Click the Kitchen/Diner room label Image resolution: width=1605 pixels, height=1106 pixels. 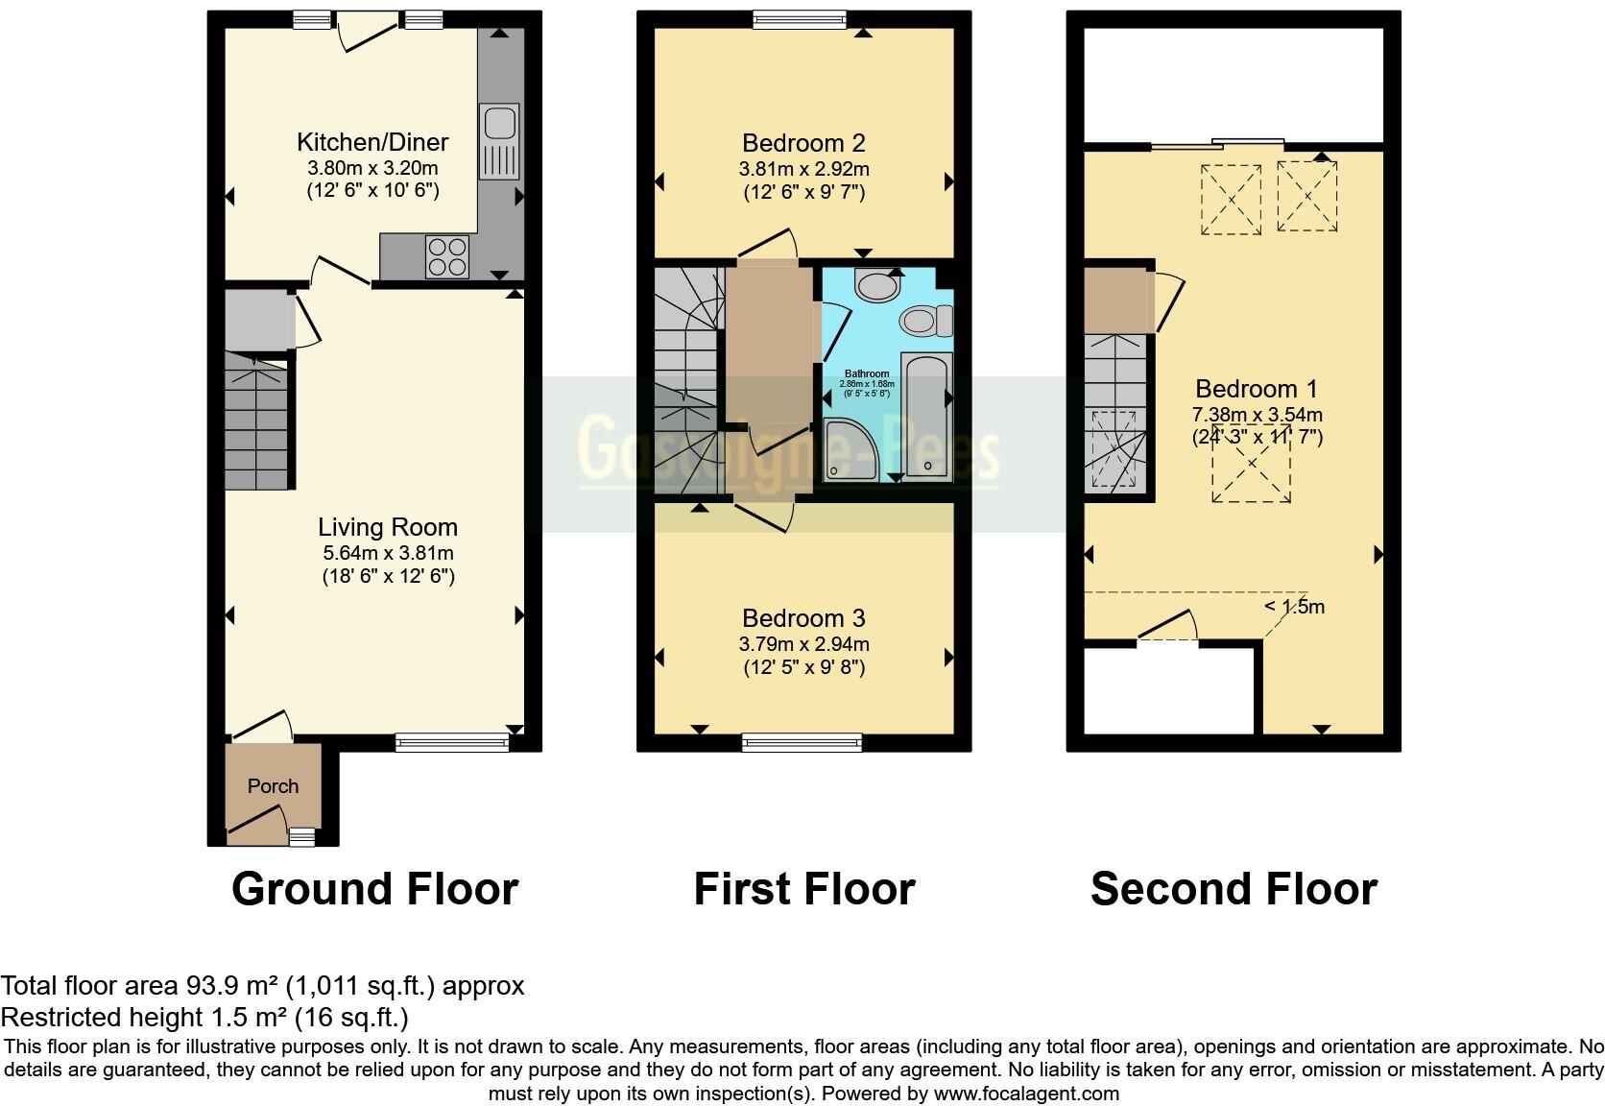click(x=372, y=142)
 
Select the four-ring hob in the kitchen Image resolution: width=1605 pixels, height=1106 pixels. click(x=448, y=255)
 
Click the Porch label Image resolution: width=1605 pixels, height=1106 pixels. click(x=273, y=786)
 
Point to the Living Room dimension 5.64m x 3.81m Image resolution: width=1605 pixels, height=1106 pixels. click(x=388, y=553)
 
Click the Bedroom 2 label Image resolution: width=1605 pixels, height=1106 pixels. click(x=803, y=143)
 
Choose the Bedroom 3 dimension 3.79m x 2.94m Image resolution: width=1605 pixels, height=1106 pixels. click(x=804, y=644)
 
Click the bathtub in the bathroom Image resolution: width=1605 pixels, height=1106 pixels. click(x=927, y=416)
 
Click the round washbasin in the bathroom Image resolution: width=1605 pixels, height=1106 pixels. click(x=874, y=285)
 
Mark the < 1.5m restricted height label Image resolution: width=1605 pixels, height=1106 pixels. click(x=1294, y=607)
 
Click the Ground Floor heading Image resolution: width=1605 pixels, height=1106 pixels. click(x=374, y=888)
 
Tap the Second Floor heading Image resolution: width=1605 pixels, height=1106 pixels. click(x=1234, y=888)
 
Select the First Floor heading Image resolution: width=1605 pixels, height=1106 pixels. click(x=803, y=888)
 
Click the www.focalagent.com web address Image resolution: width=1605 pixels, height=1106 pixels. click(x=1025, y=1094)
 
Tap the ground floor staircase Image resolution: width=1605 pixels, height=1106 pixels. click(x=256, y=422)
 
